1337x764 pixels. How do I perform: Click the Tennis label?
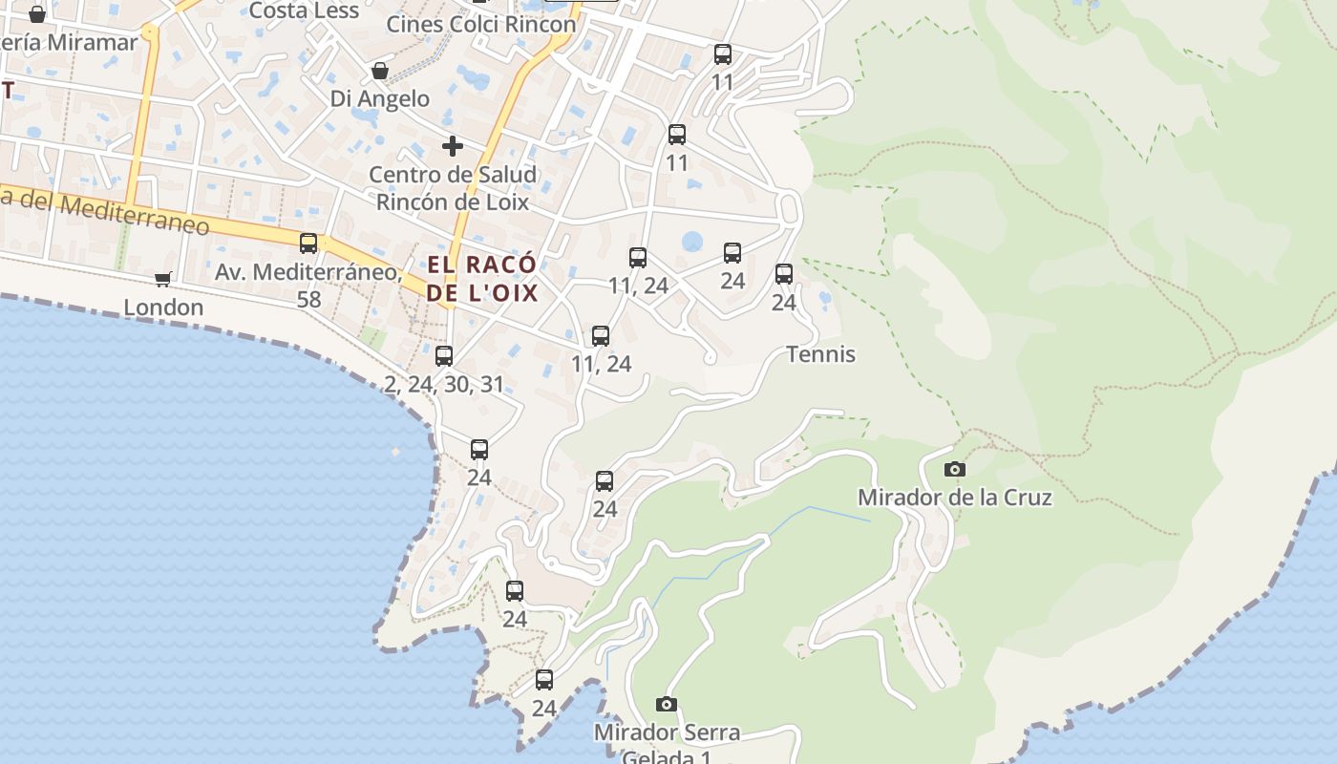[820, 354]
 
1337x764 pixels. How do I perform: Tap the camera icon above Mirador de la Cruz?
[954, 469]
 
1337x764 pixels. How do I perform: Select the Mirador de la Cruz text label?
[954, 498]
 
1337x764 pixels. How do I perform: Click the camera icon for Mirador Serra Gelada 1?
[667, 705]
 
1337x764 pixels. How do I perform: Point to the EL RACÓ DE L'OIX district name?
[482, 278]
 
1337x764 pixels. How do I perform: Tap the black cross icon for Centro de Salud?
[452, 146]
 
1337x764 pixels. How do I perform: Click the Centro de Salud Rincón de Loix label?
[454, 188]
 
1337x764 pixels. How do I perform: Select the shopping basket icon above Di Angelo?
[380, 71]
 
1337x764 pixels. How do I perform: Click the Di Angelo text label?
[380, 98]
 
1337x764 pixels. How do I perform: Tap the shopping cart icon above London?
[163, 279]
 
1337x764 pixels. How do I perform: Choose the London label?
[163, 308]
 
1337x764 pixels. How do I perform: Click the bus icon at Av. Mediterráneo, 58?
[308, 244]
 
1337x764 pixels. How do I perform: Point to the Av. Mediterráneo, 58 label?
[308, 285]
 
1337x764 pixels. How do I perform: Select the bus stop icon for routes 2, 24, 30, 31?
[444, 356]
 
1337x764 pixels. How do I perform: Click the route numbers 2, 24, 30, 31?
[444, 385]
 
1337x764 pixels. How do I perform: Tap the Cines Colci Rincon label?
[481, 24]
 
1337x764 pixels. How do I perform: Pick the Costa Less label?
[304, 11]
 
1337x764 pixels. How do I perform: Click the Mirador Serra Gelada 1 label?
[667, 743]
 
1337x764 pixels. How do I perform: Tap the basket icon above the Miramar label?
[37, 14]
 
